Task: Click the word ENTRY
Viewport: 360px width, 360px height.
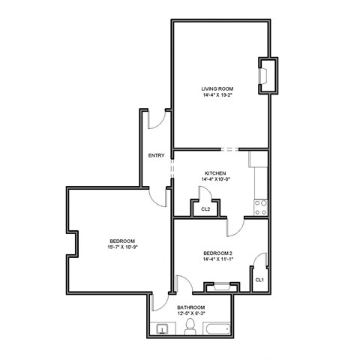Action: point(157,156)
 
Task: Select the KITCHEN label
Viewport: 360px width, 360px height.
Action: point(214,173)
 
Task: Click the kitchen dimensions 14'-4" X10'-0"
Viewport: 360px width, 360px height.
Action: point(214,180)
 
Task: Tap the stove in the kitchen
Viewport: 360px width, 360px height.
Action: point(261,204)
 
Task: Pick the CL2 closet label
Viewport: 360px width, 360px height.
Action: point(205,209)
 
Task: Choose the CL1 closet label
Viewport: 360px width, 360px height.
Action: point(259,280)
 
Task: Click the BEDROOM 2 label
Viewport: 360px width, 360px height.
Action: point(217,253)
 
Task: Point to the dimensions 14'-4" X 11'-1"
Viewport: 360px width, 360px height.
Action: point(217,260)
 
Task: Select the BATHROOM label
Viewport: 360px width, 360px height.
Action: point(191,307)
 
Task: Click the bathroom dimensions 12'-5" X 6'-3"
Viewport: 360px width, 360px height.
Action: point(191,314)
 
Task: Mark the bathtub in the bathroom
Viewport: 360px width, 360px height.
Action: point(217,328)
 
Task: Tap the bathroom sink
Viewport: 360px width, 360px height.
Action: point(161,328)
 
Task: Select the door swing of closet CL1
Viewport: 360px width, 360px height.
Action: point(261,262)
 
